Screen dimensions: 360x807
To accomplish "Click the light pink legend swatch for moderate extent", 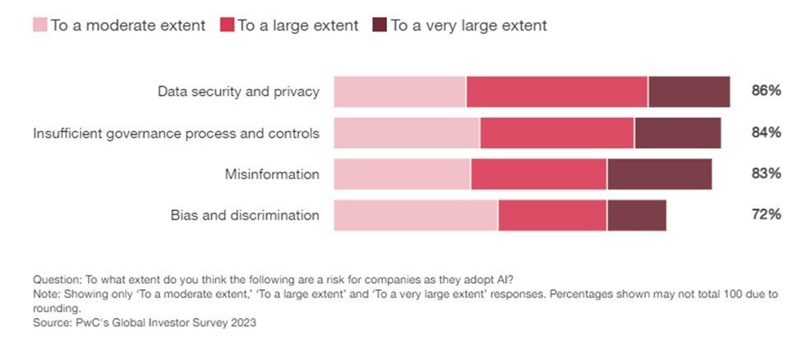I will [40, 25].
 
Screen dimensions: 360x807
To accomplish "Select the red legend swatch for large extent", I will [227, 25].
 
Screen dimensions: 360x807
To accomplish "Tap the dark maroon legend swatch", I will [380, 25].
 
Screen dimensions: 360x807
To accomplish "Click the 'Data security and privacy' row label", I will [238, 91].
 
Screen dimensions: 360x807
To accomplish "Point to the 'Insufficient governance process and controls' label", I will [176, 132].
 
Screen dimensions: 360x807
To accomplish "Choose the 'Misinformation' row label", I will [272, 173].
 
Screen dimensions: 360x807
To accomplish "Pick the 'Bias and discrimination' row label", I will [245, 215].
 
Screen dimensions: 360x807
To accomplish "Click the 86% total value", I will [765, 91].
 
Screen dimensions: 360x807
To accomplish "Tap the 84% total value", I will [765, 132].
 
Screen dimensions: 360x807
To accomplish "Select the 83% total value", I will [765, 173].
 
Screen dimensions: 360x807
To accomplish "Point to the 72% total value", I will [765, 215].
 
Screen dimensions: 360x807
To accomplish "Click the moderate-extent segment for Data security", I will [399, 91].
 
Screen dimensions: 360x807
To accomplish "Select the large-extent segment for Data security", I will [556, 91].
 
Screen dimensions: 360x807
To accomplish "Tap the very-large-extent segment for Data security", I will [689, 91].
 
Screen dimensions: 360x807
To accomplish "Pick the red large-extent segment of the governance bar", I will [556, 132].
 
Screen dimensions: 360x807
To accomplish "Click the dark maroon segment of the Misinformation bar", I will [659, 173].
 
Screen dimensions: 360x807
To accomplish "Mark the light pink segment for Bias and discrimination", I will [415, 215].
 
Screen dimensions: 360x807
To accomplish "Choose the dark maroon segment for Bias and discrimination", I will [636, 215].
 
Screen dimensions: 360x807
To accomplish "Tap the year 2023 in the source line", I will [241, 323].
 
